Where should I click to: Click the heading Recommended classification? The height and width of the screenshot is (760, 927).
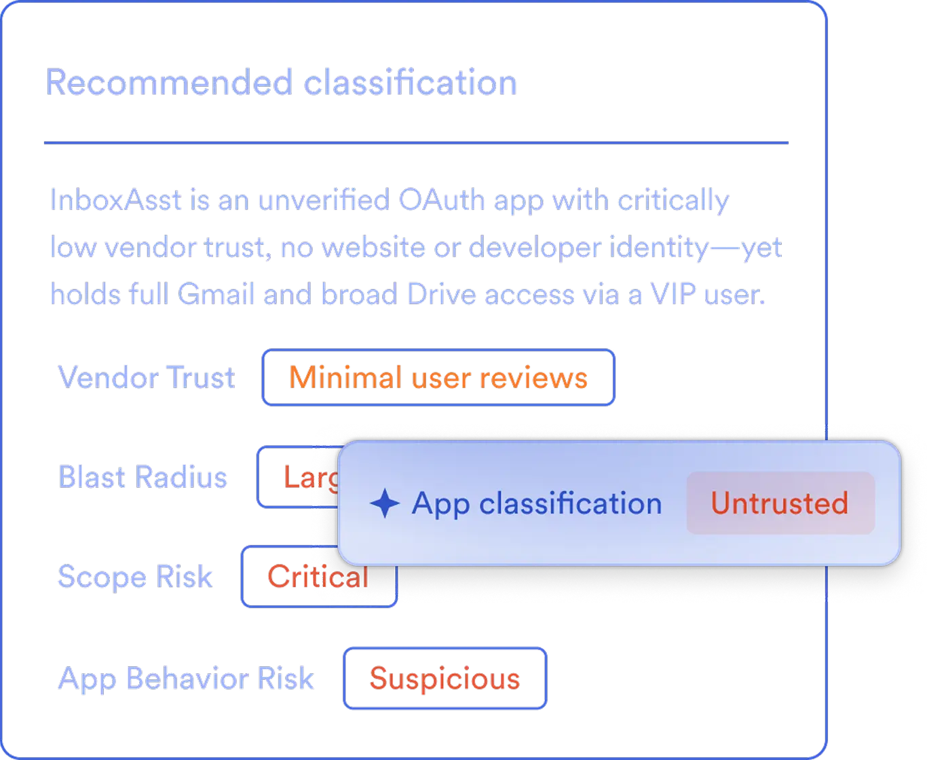click(281, 83)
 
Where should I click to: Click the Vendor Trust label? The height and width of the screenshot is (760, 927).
click(147, 377)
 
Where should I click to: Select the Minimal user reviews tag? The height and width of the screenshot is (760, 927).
click(438, 377)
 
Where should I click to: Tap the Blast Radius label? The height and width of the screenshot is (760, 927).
click(143, 476)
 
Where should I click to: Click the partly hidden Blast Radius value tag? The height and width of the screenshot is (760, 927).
click(297, 477)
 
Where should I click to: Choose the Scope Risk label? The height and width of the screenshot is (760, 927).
click(135, 577)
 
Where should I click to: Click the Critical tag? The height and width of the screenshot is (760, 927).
click(318, 577)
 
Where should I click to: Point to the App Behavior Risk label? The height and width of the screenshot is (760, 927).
click(187, 678)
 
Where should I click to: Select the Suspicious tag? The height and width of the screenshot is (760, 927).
click(444, 678)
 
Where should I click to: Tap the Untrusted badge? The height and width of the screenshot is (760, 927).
click(780, 503)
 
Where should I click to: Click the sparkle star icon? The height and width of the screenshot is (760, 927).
click(384, 503)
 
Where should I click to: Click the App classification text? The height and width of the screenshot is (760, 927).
click(536, 503)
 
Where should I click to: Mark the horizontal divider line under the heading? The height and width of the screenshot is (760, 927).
click(417, 144)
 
